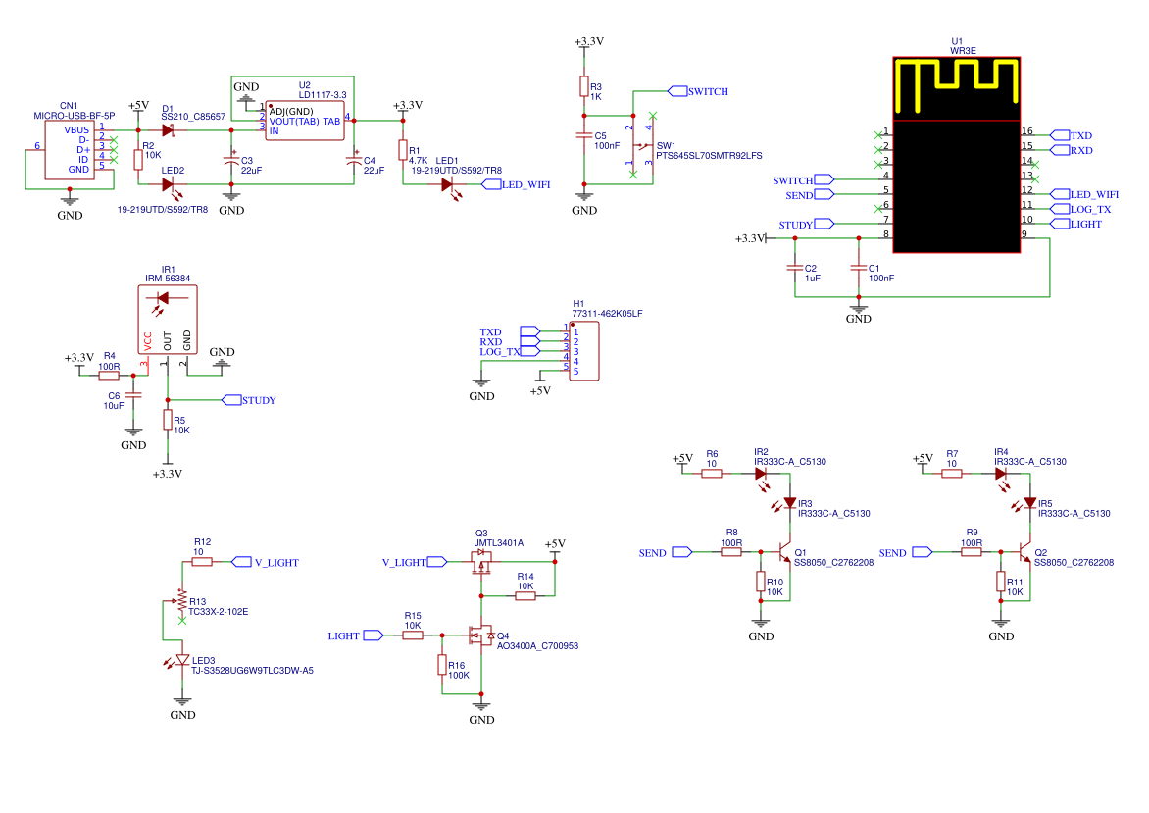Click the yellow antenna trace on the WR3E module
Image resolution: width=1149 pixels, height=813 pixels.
click(957, 66)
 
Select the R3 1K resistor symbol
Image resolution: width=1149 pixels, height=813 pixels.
click(584, 86)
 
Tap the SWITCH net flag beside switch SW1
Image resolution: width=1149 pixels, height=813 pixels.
click(677, 91)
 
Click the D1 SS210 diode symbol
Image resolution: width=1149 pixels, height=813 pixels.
click(169, 130)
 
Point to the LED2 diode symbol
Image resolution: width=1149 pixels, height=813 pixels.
click(169, 185)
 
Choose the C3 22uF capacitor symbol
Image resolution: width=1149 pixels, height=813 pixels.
click(231, 159)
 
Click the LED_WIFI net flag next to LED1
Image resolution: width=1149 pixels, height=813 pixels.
click(491, 184)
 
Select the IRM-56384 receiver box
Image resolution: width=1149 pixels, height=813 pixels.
click(168, 319)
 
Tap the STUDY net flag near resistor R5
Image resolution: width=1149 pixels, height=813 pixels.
click(231, 399)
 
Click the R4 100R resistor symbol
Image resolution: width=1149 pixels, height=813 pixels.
click(109, 376)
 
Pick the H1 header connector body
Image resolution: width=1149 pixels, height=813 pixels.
click(584, 351)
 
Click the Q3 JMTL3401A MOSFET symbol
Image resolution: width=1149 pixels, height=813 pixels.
click(481, 562)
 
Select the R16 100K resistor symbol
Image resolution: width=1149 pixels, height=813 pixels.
click(442, 665)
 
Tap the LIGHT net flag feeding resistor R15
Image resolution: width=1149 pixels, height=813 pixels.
click(373, 635)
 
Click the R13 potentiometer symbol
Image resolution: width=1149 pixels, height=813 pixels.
click(181, 600)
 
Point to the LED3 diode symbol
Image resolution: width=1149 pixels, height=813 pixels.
click(180, 661)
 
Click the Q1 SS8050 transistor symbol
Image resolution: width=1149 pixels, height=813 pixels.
click(783, 552)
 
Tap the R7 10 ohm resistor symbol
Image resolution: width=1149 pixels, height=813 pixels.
click(951, 474)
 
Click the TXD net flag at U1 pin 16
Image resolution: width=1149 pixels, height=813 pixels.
click(1060, 135)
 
